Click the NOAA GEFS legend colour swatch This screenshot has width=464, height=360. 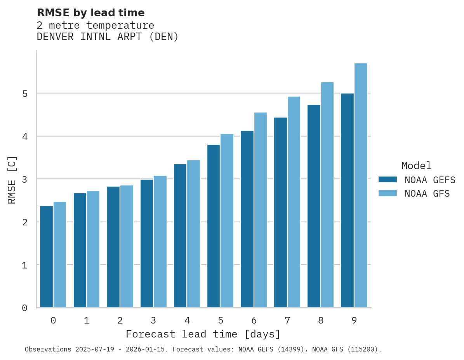coord(388,180)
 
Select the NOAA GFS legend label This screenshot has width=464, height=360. coord(427,194)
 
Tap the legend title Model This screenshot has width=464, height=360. coord(416,166)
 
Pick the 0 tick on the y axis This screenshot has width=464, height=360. coord(24,308)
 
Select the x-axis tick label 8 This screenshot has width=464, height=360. coord(321,320)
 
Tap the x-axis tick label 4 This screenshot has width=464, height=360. coord(187,320)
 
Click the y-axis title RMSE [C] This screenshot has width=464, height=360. coord(12,180)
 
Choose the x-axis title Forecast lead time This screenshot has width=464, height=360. coord(203,334)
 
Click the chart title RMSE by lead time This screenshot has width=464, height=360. coord(90,13)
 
